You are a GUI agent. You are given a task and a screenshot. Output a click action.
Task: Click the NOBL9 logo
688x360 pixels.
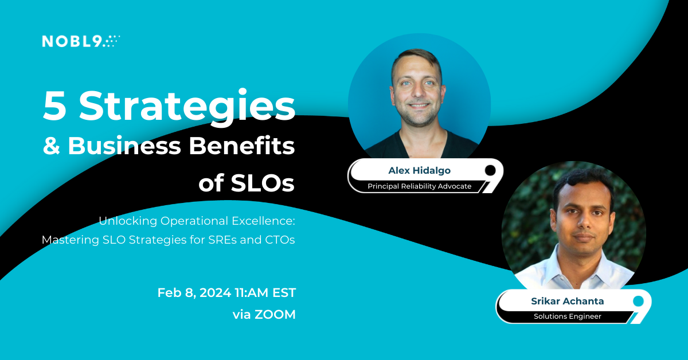(81, 41)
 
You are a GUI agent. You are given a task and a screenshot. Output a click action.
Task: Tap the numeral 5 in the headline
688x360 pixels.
(55, 105)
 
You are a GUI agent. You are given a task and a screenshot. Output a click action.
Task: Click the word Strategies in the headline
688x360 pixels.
(187, 108)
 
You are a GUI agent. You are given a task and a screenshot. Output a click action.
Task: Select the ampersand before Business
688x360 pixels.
(51, 146)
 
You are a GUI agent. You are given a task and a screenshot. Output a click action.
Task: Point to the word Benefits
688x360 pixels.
(242, 145)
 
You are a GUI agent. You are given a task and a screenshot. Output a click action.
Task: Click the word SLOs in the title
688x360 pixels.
(263, 183)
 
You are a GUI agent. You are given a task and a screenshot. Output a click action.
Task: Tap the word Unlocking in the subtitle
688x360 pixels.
(128, 221)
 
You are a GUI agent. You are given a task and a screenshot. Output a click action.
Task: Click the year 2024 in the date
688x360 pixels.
(216, 293)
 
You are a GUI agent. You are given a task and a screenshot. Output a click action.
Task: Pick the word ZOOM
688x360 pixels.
(275, 315)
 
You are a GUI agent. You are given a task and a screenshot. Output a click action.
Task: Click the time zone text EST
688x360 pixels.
(284, 293)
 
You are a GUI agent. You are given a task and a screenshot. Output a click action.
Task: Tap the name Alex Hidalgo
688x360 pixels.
(419, 170)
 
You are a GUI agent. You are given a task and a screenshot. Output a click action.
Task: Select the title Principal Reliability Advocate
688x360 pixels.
(419, 186)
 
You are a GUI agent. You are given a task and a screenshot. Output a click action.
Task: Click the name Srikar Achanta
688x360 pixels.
(567, 301)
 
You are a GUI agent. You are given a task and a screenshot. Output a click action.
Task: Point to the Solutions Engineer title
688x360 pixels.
(567, 316)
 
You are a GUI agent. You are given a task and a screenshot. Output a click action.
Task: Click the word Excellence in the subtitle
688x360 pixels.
(263, 221)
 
